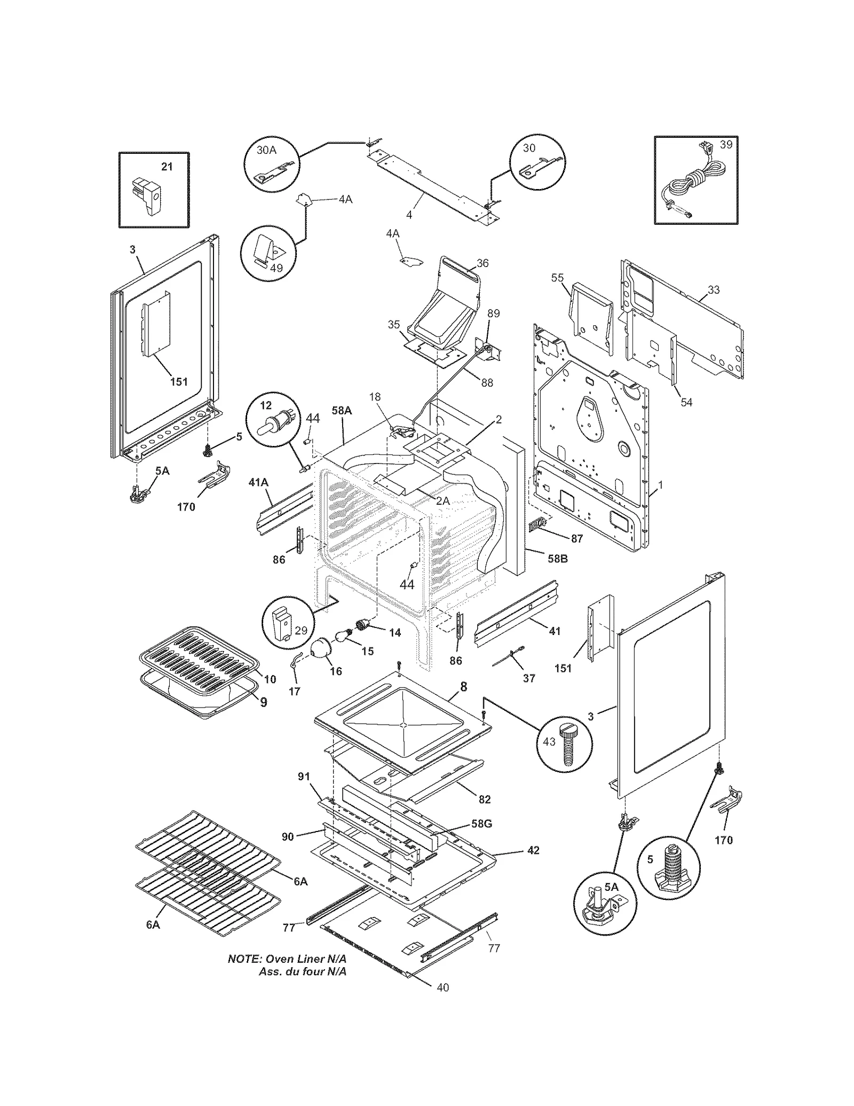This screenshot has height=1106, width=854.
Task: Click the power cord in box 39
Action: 693,182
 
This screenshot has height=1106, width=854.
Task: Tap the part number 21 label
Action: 167,167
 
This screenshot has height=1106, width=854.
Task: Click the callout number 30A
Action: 266,150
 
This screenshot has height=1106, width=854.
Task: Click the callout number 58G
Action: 481,823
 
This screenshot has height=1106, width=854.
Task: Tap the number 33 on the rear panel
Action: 714,289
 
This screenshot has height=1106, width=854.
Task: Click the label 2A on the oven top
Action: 443,501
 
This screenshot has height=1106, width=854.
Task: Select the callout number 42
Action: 533,850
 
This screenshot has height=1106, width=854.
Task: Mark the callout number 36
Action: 483,263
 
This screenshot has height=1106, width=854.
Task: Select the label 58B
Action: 557,559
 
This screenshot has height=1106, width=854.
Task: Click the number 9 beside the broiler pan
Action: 264,702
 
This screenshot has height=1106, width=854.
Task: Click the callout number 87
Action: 577,538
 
